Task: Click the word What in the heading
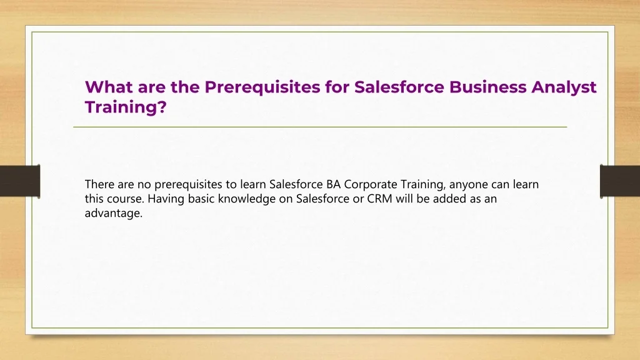pos(108,87)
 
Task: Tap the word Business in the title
pos(487,87)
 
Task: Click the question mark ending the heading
pos(162,107)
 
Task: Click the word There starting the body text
pos(99,184)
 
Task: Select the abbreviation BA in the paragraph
pos(334,184)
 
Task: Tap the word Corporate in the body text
pos(371,185)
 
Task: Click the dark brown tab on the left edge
pos(20,181)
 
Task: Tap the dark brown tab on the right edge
pos(620,181)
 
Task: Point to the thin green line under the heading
pos(320,127)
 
